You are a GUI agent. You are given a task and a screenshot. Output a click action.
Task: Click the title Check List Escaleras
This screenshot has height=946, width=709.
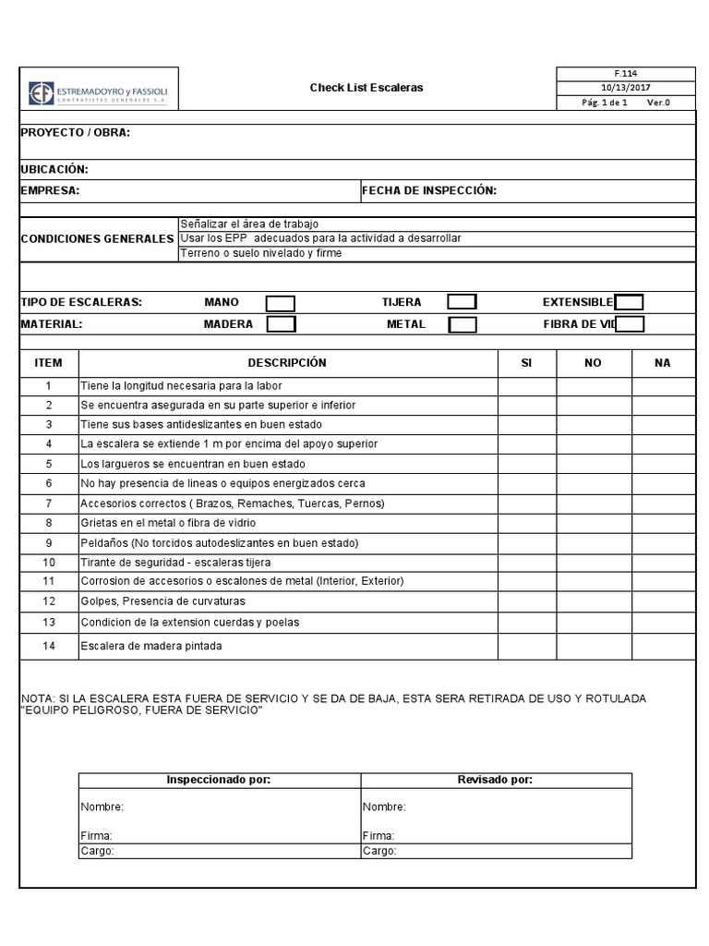[x=366, y=88]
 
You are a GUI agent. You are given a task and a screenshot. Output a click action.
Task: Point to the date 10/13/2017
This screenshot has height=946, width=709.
[x=625, y=88]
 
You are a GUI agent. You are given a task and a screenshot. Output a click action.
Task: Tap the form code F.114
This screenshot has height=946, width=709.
[x=625, y=74]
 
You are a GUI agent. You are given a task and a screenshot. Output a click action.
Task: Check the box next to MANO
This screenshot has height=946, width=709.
[x=281, y=303]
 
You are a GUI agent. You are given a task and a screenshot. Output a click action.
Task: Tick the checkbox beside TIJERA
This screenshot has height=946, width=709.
[x=462, y=302]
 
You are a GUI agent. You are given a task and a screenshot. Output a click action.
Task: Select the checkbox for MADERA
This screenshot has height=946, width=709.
[x=281, y=324]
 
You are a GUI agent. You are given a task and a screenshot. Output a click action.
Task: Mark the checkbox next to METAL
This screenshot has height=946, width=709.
[x=462, y=324]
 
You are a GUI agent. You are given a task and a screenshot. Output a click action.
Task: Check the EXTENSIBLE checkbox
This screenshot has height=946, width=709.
[x=629, y=302]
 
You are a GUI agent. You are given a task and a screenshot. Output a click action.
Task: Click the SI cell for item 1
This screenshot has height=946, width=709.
[x=526, y=385]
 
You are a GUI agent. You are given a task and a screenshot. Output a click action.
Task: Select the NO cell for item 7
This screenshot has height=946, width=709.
[x=593, y=503]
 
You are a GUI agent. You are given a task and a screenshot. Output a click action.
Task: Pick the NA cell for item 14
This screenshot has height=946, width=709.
[x=662, y=646]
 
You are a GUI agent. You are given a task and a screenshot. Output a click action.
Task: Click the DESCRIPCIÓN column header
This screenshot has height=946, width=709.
[x=287, y=363]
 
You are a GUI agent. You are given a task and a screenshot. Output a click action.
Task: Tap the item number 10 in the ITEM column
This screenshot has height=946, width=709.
[x=49, y=562]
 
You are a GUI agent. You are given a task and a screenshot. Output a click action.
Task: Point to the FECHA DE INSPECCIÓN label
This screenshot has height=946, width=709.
[x=429, y=191]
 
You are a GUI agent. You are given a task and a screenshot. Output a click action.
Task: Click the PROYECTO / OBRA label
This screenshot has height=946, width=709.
[x=76, y=132]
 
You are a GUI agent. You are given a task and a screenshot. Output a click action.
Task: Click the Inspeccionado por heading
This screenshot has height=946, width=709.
[x=218, y=781]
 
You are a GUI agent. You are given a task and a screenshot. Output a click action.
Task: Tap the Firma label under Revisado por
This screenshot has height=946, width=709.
[x=378, y=836]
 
